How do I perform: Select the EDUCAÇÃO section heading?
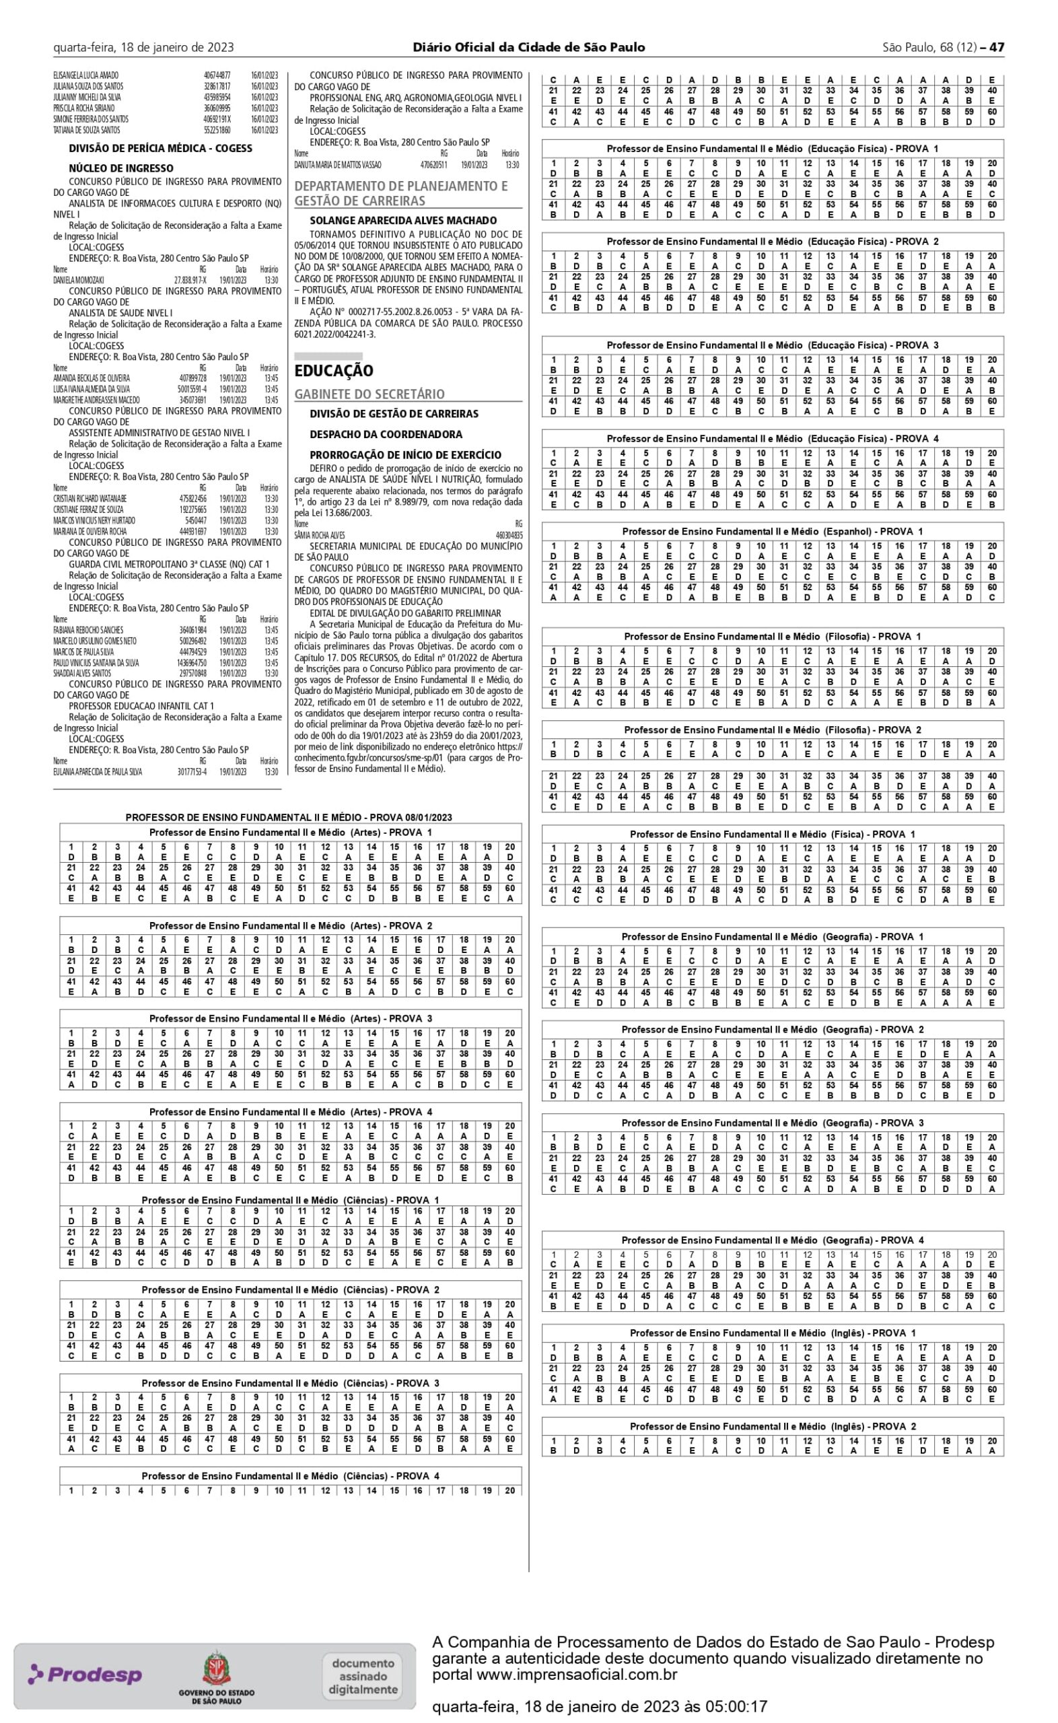click(334, 371)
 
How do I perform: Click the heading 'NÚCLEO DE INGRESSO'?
click(121, 168)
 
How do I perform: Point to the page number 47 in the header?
click(997, 48)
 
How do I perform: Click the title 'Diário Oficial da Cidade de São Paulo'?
click(529, 48)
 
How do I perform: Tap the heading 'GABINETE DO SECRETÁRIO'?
click(369, 394)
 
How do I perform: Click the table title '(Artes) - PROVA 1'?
click(290, 833)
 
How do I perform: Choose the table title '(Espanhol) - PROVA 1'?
click(773, 532)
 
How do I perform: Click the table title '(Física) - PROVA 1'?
click(773, 835)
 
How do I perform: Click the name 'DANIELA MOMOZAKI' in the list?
click(78, 280)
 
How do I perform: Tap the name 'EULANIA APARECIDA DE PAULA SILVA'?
click(98, 772)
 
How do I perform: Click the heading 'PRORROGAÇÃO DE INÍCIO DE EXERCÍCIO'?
click(406, 455)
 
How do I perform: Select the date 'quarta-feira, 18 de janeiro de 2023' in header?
click(143, 48)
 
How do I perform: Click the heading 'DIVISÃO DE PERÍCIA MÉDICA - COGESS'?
click(160, 148)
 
